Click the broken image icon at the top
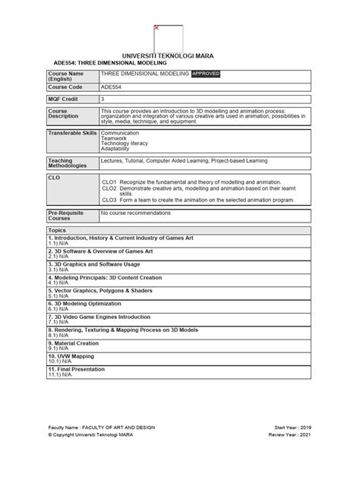156,28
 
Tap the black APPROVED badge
206,74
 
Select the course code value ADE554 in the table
110,87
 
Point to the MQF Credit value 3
103,99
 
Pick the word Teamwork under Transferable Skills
114,137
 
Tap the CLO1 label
109,182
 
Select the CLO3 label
109,200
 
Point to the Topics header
57,229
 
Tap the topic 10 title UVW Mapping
71,355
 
